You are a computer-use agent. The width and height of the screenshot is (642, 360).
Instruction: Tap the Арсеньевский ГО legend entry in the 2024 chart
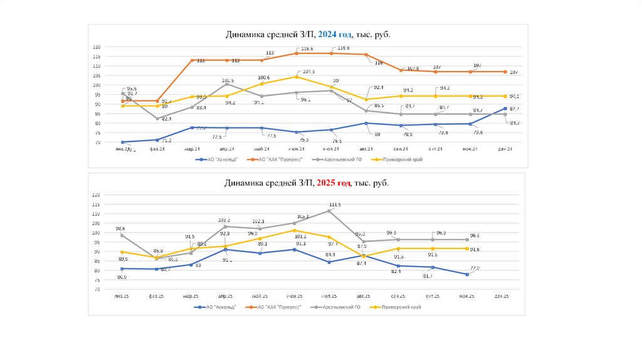point(339,160)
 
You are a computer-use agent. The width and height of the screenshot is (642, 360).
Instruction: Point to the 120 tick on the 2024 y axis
point(97,47)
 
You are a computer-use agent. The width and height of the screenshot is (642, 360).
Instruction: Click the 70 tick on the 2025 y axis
point(97,290)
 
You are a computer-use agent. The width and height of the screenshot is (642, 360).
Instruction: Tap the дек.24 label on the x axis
point(505,149)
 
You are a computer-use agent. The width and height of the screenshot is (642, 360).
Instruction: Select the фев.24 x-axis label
point(157,149)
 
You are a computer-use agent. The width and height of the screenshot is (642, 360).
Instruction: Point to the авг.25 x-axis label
point(363,295)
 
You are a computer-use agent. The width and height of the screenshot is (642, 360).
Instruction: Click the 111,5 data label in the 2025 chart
point(335,205)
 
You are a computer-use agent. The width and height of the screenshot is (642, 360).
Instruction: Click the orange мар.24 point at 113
point(192,60)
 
